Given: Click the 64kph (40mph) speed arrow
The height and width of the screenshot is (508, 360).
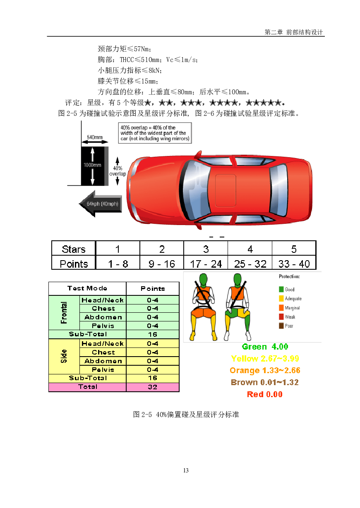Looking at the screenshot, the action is pos(101,204).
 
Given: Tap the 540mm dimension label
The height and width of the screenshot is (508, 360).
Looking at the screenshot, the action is pos(95,137).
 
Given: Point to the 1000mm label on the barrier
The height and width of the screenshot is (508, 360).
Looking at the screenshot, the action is pos(92,165).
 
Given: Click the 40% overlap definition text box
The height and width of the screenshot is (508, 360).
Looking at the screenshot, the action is pos(155,133).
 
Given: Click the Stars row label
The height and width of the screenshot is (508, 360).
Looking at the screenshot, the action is pos(74,249).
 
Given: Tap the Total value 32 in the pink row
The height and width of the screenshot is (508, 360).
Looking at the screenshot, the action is pos(152,387).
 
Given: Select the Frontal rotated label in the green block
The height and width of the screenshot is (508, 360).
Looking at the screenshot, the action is pos(64,312).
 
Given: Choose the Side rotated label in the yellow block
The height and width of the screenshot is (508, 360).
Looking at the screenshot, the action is pos(64,356).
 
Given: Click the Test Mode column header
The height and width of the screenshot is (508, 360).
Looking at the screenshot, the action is pos(87,288).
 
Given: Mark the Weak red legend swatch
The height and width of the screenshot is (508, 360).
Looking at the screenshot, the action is pos(281,316).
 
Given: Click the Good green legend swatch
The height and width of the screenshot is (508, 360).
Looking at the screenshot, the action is pos(281,289).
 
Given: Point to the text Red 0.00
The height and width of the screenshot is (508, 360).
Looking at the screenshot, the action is pos(265,394).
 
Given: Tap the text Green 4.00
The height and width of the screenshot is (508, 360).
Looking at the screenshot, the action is pos(265,347).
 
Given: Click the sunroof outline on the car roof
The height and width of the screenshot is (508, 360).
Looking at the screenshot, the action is pos(226,190).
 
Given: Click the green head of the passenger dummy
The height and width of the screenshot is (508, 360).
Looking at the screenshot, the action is pos(238,279).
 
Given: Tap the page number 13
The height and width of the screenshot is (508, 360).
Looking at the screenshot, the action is pos(186,470).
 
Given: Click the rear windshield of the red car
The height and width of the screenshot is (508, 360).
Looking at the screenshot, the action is pos(278,190).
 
